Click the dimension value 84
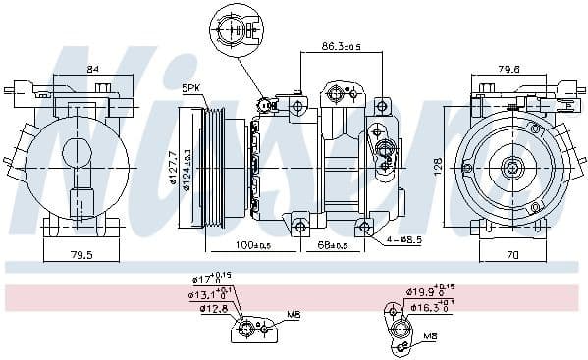93,68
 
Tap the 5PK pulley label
192,89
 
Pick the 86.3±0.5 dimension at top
343,46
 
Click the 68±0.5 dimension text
332,244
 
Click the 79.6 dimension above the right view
508,69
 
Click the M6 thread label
293,316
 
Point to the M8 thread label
429,335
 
